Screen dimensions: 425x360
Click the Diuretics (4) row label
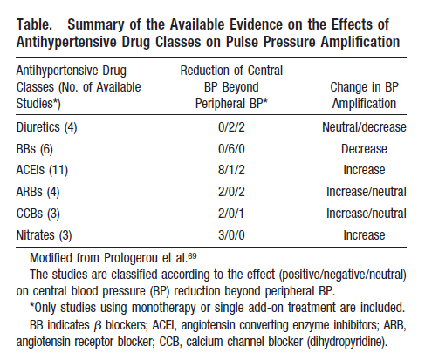[46, 127]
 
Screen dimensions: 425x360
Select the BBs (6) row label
[35, 149]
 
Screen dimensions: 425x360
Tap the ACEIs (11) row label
[42, 170]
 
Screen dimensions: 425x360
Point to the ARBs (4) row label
[38, 192]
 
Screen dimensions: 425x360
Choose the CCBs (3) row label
[38, 214]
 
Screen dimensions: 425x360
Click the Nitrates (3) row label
[44, 235]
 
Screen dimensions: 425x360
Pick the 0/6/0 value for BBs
[231, 149]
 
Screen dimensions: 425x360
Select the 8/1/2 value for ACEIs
[231, 170]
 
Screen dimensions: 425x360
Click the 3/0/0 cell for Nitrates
[231, 235]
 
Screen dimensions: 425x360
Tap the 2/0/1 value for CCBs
[231, 214]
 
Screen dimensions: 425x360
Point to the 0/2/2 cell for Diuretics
[231, 127]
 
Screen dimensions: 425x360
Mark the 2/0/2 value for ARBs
[231, 192]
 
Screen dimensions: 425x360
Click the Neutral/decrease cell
[364, 127]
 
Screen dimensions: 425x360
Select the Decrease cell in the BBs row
[364, 149]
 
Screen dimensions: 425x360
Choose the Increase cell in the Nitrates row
[364, 235]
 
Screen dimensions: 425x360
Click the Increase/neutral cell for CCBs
[367, 214]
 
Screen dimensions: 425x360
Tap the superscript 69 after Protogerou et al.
[192, 256]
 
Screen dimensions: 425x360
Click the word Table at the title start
[34, 24]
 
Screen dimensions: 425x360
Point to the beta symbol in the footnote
[98, 326]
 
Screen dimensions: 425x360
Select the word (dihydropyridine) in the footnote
[347, 342]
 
